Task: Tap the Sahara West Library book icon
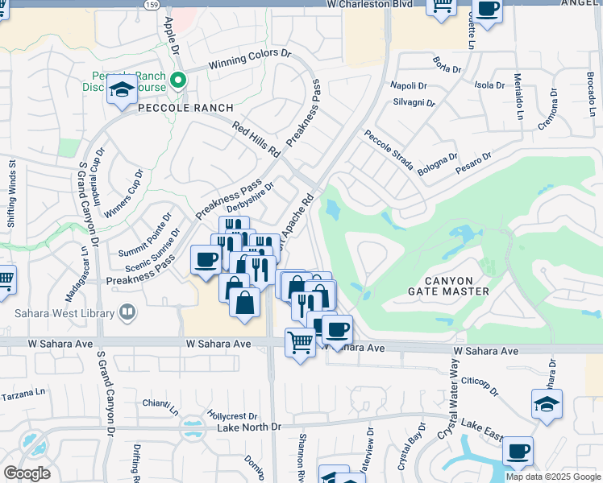pyautogui.click(x=126, y=312)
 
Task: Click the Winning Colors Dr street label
pyautogui.click(x=249, y=60)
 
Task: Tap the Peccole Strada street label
pyautogui.click(x=388, y=151)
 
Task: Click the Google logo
pyautogui.click(x=26, y=473)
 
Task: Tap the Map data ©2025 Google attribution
pyautogui.click(x=553, y=477)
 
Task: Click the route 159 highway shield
pyautogui.click(x=151, y=4)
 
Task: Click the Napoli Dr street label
pyautogui.click(x=408, y=86)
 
